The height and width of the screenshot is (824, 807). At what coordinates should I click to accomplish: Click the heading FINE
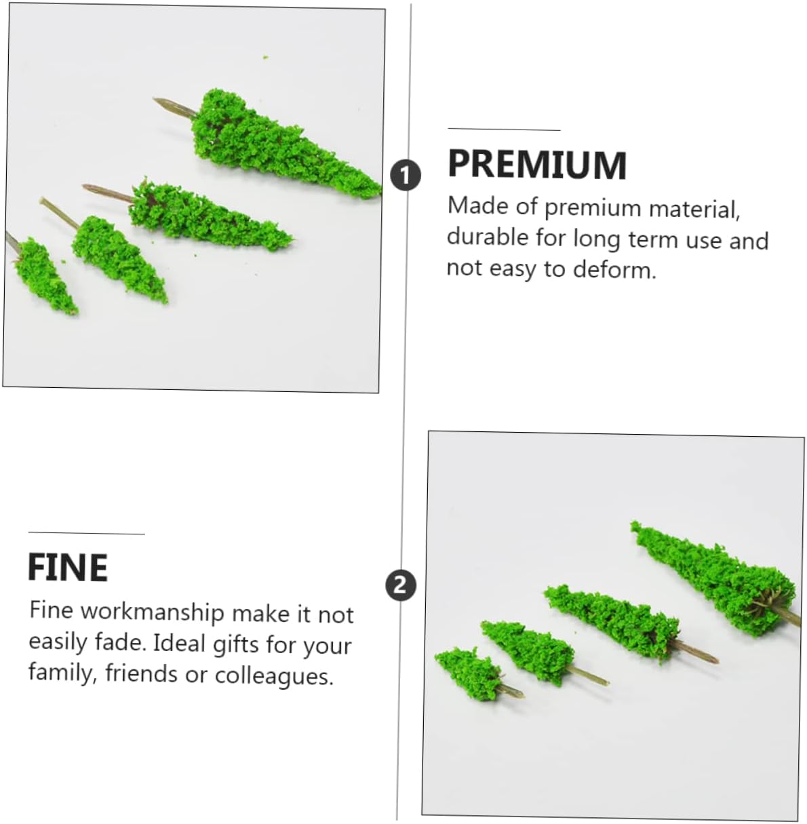[68, 567]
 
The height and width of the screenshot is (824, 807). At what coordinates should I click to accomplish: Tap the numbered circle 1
[406, 176]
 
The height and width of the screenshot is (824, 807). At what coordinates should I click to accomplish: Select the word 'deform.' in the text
[614, 269]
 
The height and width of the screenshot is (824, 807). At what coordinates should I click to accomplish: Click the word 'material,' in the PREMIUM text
[694, 209]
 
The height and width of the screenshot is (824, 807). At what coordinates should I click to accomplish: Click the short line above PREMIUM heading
[505, 129]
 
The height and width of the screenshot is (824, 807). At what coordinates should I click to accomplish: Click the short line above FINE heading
[86, 533]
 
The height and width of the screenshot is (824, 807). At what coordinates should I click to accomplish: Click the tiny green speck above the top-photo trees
[266, 57]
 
